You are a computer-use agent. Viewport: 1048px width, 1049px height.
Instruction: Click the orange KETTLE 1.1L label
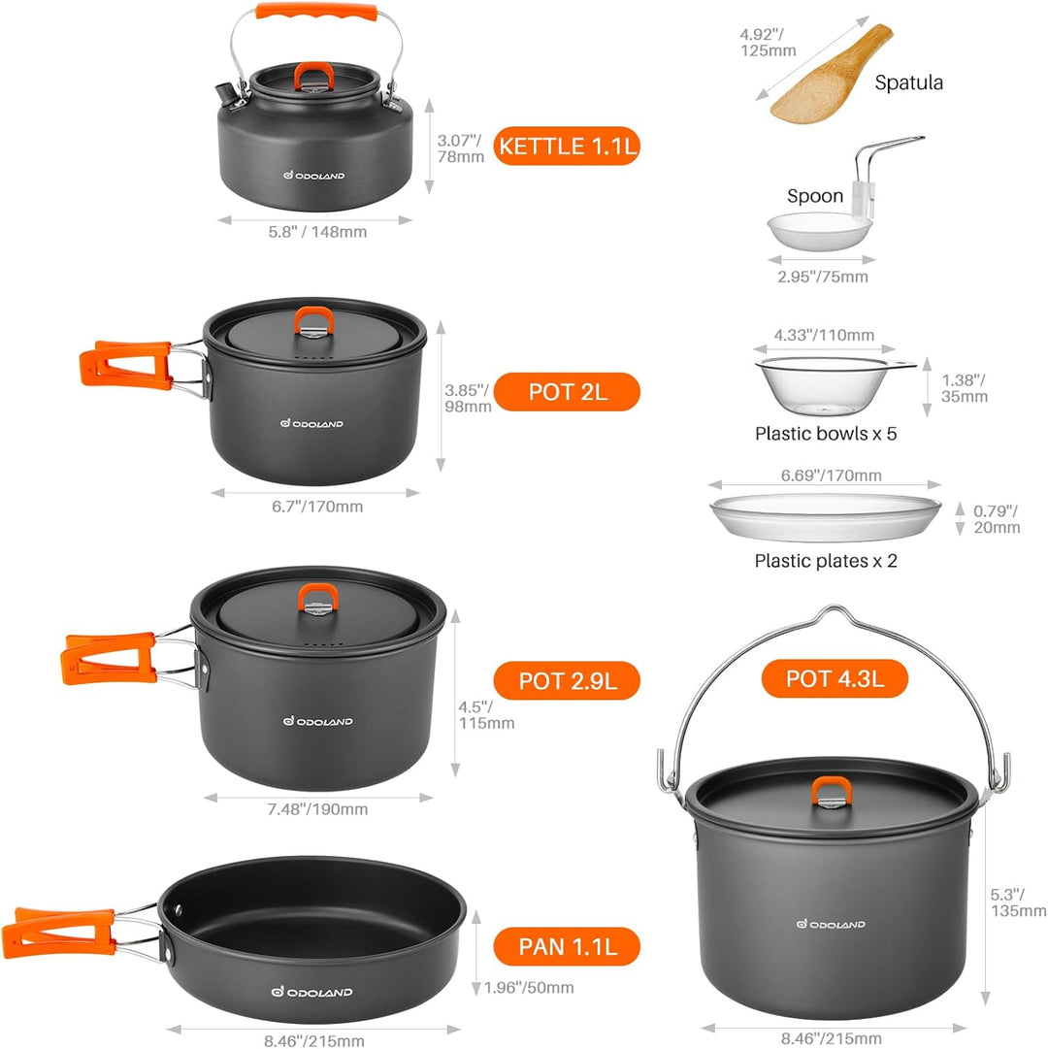tap(568, 147)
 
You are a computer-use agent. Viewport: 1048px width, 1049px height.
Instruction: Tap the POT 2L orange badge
tap(568, 392)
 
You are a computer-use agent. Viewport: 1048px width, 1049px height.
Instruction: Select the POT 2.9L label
tap(568, 680)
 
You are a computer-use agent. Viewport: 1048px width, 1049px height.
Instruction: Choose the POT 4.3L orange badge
tap(835, 678)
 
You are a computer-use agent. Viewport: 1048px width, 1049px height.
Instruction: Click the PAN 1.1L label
tap(568, 946)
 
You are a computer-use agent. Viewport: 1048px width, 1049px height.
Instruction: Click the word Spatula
tap(908, 82)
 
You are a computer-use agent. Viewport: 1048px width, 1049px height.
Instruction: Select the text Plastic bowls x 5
tap(826, 434)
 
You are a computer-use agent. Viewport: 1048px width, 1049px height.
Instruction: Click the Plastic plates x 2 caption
tap(826, 561)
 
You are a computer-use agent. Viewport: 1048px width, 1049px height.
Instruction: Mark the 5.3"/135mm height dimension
tap(1018, 902)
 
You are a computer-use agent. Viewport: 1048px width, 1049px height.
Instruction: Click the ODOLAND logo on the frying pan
tap(311, 992)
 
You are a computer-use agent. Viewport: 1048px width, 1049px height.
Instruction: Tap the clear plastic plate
tap(826, 517)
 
